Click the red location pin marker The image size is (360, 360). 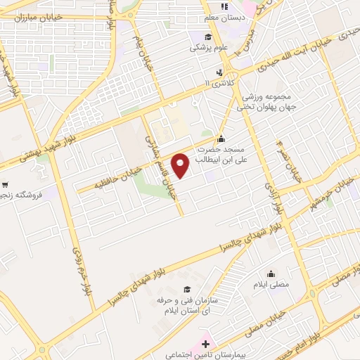click(x=181, y=165)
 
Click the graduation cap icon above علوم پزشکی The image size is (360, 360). click(x=207, y=37)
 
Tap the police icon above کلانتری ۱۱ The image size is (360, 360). click(x=220, y=72)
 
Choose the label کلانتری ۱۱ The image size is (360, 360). click(x=216, y=84)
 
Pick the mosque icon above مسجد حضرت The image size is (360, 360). click(x=221, y=139)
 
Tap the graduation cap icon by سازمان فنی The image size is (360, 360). click(x=186, y=289)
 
